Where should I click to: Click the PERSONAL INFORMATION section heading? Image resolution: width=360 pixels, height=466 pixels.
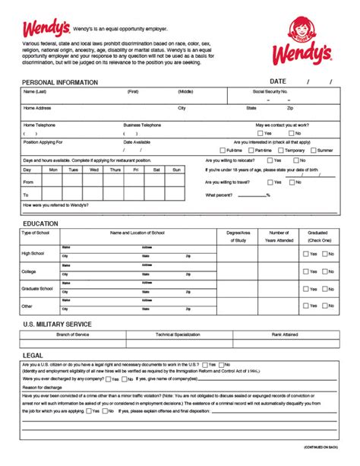tap(60, 82)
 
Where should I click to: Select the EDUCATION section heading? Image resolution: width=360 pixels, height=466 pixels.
tap(40, 224)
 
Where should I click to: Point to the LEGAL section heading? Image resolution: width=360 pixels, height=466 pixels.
tap(33, 355)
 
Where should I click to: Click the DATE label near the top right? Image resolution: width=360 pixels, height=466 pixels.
tap(277, 81)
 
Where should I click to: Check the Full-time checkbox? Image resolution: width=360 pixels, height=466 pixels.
tap(220, 151)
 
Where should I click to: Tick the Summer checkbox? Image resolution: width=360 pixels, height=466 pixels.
tap(312, 151)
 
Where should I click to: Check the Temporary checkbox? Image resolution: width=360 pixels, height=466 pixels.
tap(279, 151)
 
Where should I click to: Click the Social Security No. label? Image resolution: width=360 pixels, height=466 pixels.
tap(270, 91)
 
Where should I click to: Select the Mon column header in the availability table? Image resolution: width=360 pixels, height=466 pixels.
tap(52, 170)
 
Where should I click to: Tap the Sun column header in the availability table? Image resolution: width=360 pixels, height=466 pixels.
tap(176, 170)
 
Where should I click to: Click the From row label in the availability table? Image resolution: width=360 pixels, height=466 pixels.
tap(28, 182)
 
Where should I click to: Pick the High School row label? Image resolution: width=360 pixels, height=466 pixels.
tap(33, 253)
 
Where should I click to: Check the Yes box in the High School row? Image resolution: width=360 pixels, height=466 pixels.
tap(305, 254)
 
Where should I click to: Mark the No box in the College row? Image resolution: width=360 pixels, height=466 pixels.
tap(324, 271)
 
